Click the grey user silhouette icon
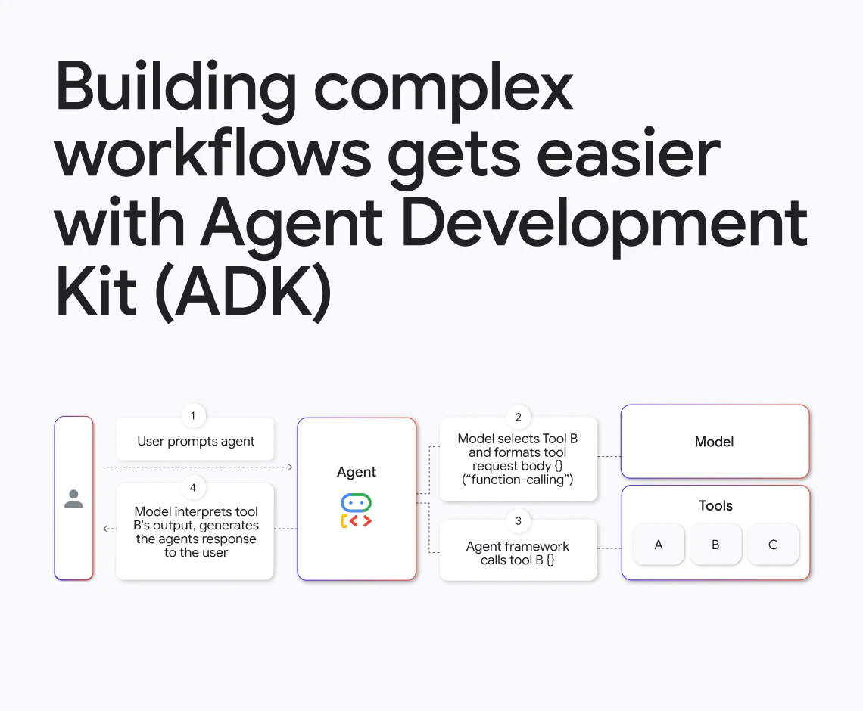73,498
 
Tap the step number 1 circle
192,416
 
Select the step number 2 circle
518,417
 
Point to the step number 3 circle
518,520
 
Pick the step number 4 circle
192,487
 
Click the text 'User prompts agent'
196,442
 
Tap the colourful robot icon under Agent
356,511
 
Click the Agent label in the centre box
357,472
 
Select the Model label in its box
715,442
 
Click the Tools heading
715,506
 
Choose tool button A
659,545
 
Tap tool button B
715,545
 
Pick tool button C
773,545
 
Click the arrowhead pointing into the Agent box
290,467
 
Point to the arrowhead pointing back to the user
106,529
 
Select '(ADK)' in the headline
243,291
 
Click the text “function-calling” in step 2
518,480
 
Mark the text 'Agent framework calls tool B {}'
518,553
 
